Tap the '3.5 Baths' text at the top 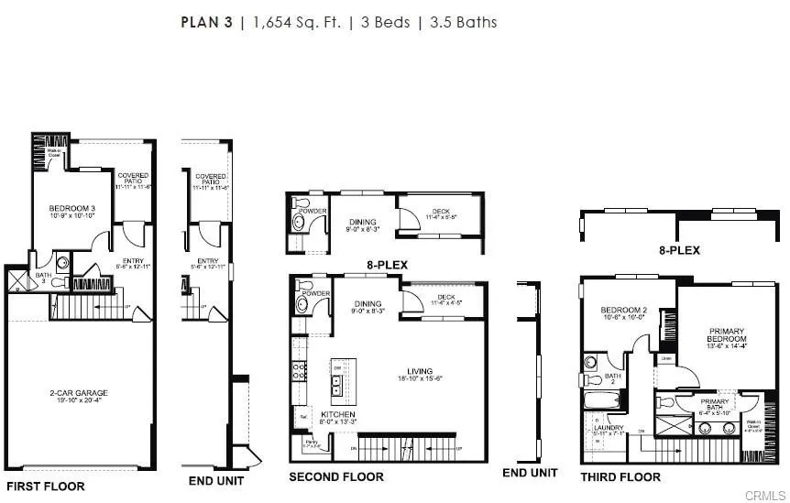pos(463,22)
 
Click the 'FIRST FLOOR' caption pos(46,486)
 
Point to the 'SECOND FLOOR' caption pos(336,476)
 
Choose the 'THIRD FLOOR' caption pos(620,476)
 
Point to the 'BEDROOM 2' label pos(624,311)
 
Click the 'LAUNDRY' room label pos(609,428)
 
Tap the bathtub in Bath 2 pos(603,399)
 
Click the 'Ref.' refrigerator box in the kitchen pos(302,417)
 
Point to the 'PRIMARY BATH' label pos(715,401)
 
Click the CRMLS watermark pos(764,495)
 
